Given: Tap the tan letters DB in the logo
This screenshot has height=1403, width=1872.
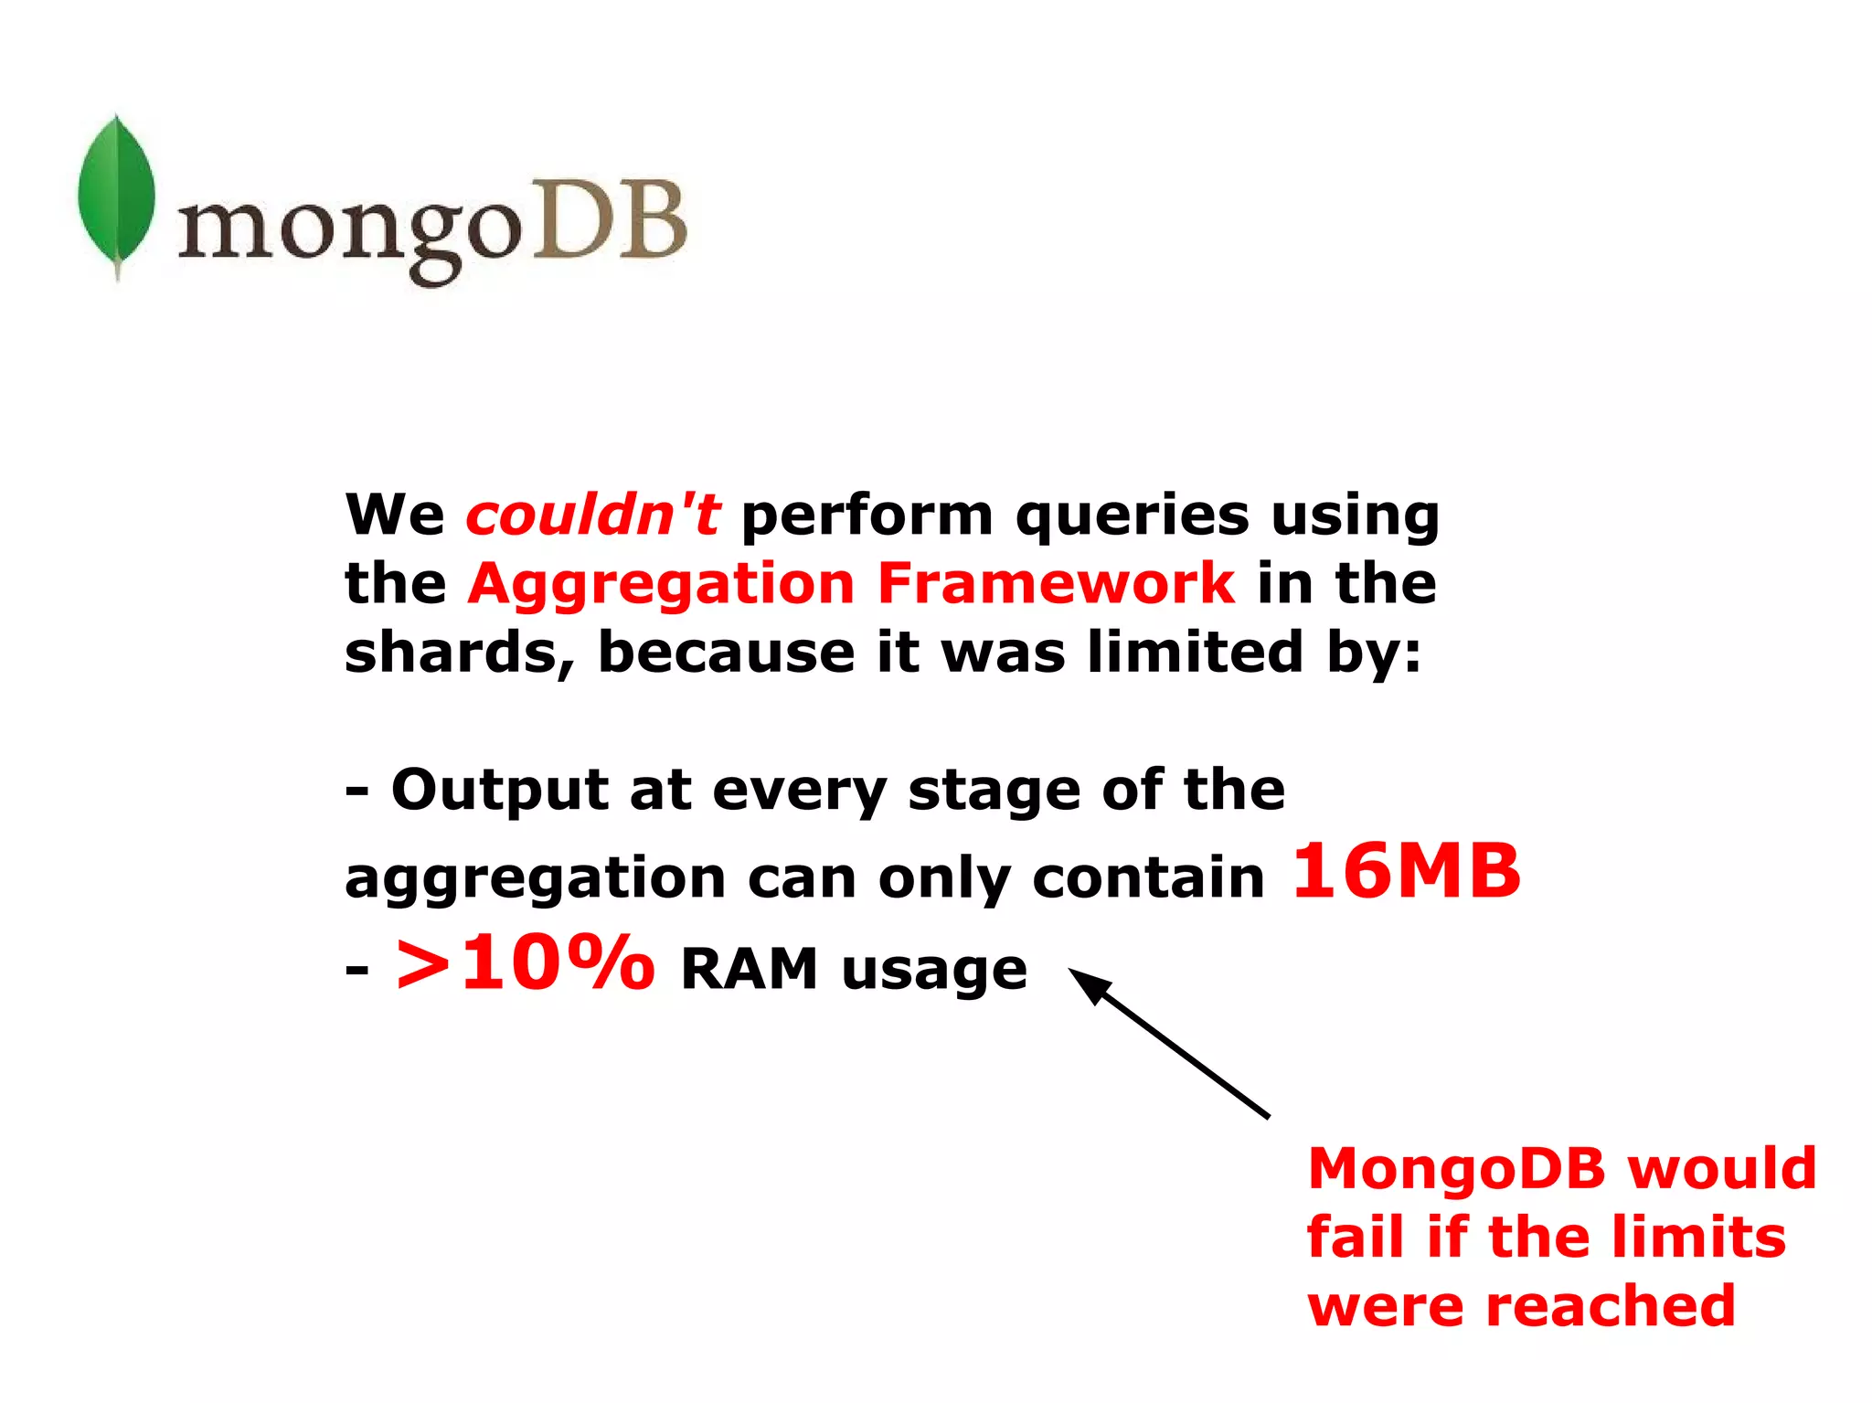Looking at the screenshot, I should [x=609, y=220].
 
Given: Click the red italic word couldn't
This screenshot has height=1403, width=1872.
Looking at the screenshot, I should [x=593, y=515].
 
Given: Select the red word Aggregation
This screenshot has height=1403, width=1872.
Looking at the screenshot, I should [x=661, y=585].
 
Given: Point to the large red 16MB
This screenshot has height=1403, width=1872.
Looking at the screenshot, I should [x=1407, y=870].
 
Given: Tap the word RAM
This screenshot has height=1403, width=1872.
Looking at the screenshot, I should [x=749, y=969].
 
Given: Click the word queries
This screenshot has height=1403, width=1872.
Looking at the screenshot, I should [x=1132, y=516].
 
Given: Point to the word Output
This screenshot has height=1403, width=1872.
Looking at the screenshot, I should [x=499, y=790].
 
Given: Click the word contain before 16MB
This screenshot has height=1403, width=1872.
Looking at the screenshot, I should [x=1148, y=878].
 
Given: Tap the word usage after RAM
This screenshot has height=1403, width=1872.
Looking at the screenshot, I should [x=934, y=971].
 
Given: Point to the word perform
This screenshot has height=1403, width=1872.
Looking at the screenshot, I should [x=867, y=516].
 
